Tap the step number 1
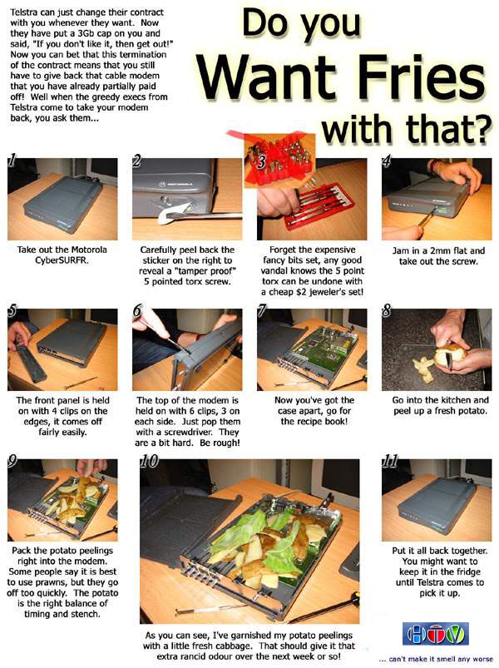pyautogui.click(x=12, y=161)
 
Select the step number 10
pyautogui.click(x=149, y=461)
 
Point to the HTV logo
pyautogui.click(x=436, y=634)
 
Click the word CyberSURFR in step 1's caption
pyautogui.click(x=62, y=260)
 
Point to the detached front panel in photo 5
pyautogui.click(x=30, y=357)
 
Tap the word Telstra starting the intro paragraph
pyautogui.click(x=23, y=12)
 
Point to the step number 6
pyautogui.click(x=136, y=310)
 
